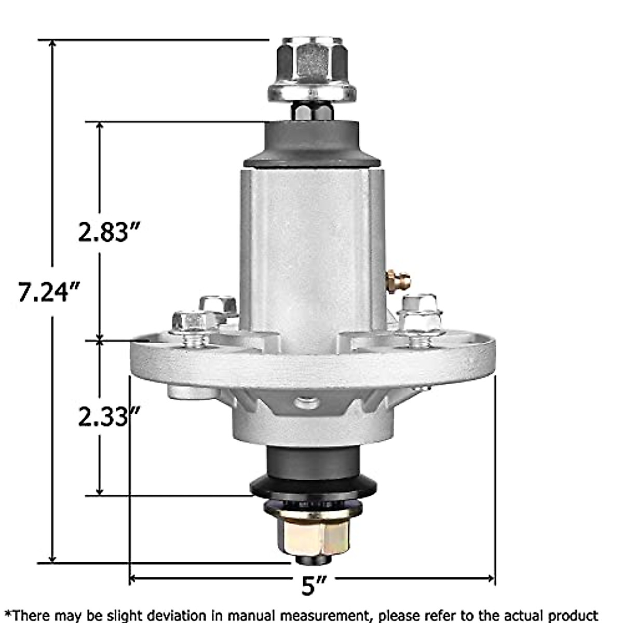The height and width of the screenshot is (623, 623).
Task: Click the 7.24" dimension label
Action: point(50,292)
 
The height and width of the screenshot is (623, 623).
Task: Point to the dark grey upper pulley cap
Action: point(311,144)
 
